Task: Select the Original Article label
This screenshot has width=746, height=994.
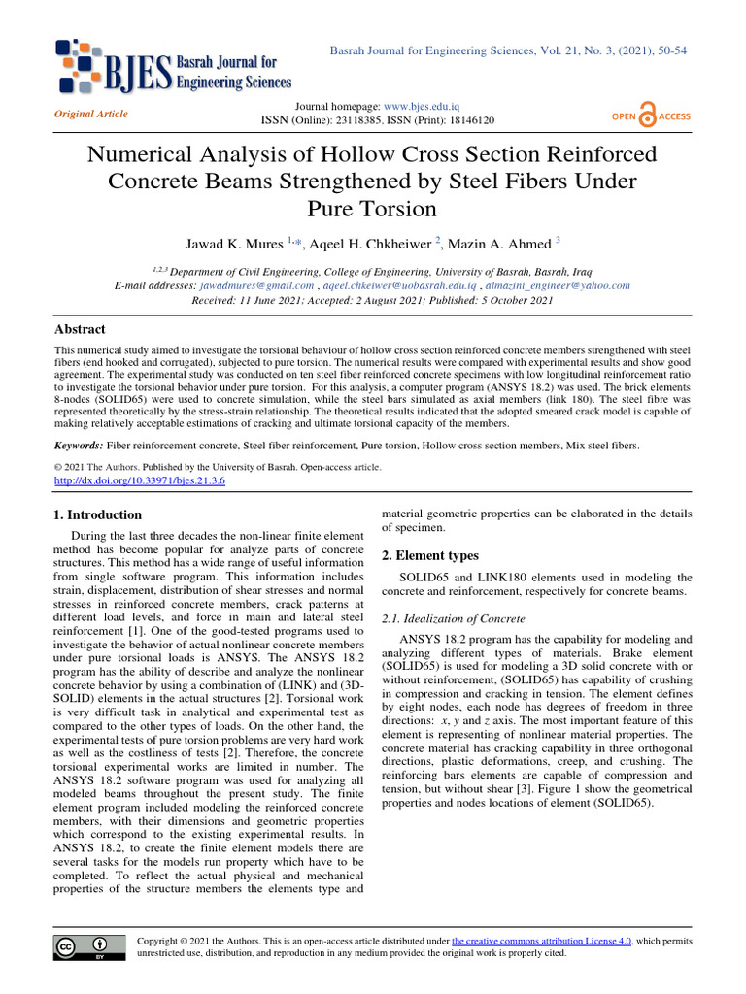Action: [x=91, y=114]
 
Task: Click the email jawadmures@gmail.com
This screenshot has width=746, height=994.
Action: [x=256, y=286]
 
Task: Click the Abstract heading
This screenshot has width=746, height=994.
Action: [x=78, y=329]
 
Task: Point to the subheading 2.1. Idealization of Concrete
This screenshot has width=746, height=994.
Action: [x=452, y=617]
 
